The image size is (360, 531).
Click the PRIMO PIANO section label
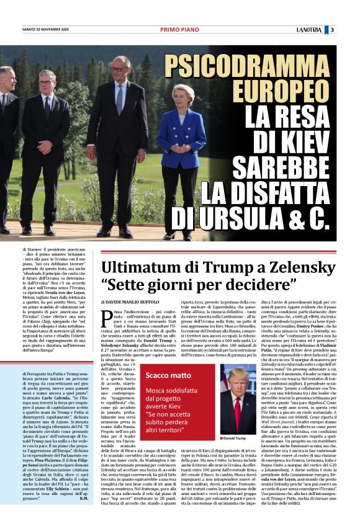[x=179, y=30]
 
